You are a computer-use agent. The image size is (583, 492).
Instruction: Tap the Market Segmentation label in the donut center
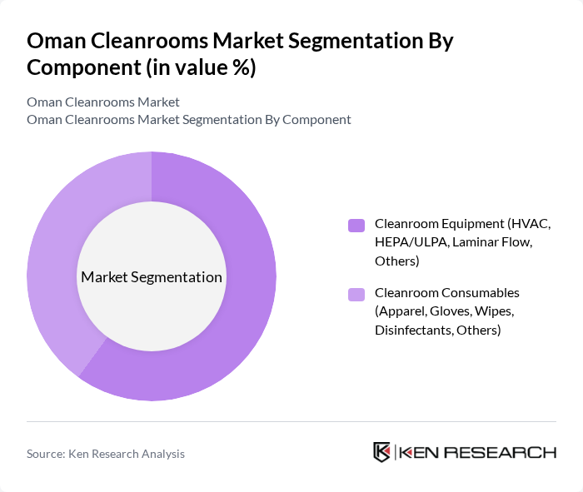(x=151, y=277)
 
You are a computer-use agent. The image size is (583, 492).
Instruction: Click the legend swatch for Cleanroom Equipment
(x=356, y=225)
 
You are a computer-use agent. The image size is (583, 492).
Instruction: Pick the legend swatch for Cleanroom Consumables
(x=356, y=294)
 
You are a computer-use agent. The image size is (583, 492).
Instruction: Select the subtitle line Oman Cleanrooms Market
(x=103, y=102)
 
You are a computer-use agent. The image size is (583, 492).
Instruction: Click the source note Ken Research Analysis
(x=106, y=454)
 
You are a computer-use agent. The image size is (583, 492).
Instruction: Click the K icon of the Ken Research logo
(x=381, y=452)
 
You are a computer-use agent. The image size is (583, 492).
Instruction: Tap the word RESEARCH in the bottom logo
(x=507, y=452)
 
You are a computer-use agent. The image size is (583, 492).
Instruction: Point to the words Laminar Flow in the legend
(x=491, y=242)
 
